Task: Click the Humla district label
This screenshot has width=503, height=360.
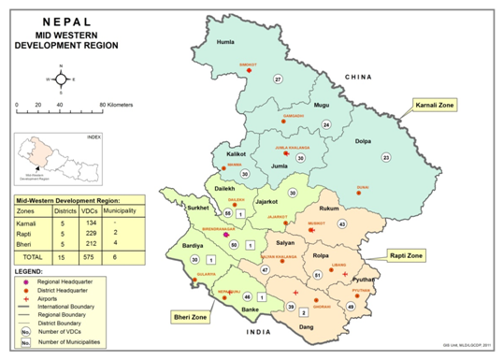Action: click(224, 43)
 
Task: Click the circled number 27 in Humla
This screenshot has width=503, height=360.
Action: click(278, 79)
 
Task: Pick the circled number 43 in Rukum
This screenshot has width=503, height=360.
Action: click(342, 224)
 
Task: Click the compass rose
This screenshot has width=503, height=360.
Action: click(62, 79)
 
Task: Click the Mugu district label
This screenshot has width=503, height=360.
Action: click(322, 106)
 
